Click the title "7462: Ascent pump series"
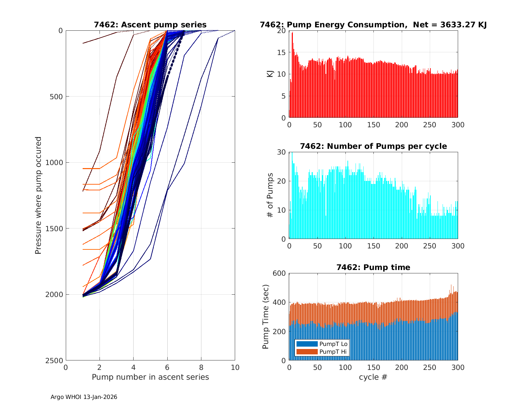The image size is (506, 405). (150, 25)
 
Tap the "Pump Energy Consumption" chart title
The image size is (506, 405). (373, 25)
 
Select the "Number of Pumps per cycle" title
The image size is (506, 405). (373, 146)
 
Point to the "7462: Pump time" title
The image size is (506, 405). (373, 267)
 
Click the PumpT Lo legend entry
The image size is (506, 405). (321, 344)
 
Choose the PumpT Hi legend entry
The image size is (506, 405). (321, 352)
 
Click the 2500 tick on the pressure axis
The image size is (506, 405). (56, 360)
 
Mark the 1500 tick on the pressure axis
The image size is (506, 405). (56, 228)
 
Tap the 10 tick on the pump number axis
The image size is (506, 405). (235, 368)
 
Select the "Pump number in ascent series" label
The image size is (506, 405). (150, 377)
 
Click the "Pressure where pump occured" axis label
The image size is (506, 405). (38, 195)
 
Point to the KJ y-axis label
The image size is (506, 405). (270, 74)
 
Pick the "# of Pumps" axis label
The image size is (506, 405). (270, 195)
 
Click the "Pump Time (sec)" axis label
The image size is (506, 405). (266, 317)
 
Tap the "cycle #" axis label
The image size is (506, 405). (373, 377)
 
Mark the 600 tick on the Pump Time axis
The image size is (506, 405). (279, 273)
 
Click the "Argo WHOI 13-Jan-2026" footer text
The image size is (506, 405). (84, 397)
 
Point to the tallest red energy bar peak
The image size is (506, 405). (292, 33)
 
